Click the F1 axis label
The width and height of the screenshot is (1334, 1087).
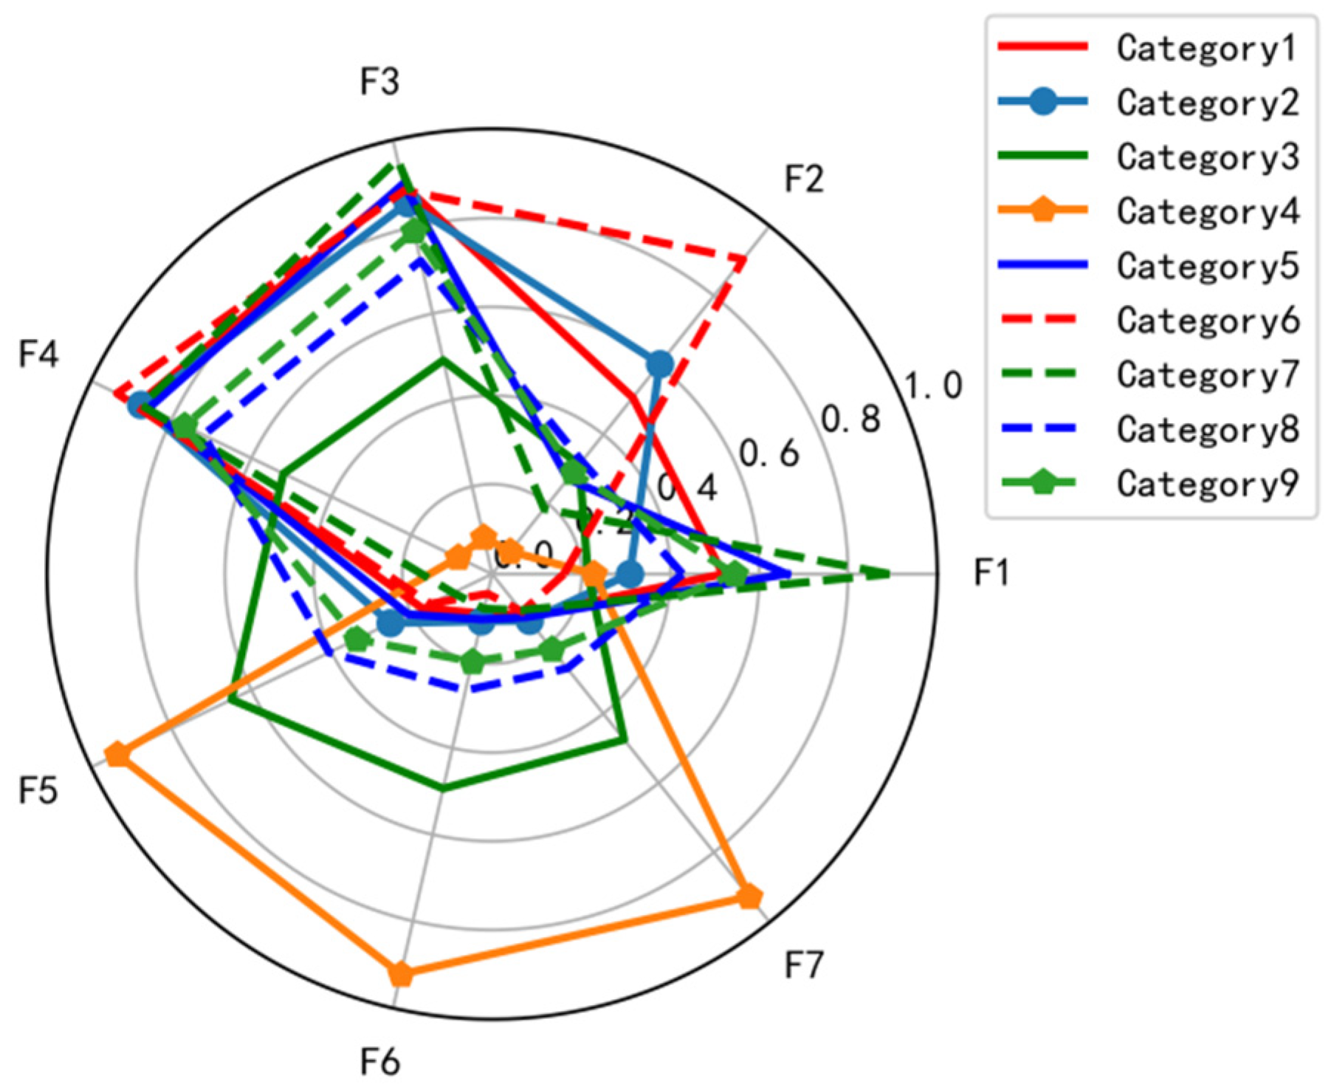pyautogui.click(x=991, y=573)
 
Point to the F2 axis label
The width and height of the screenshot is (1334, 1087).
pyautogui.click(x=803, y=179)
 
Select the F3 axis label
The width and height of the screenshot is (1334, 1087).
pyautogui.click(x=379, y=82)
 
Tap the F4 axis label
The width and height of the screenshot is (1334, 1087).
pyautogui.click(x=38, y=355)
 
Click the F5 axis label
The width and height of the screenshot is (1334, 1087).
pyautogui.click(x=38, y=791)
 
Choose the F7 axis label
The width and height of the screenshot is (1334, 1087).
pyautogui.click(x=803, y=965)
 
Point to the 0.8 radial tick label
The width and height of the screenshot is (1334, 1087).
pyautogui.click(x=851, y=419)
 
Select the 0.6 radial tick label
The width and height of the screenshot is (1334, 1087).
pyautogui.click(x=769, y=453)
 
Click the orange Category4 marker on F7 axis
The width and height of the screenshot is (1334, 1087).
pyautogui.click(x=749, y=897)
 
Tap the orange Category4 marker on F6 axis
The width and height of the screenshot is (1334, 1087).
pyautogui.click(x=400, y=974)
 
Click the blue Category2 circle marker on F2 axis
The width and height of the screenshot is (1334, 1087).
pyautogui.click(x=659, y=363)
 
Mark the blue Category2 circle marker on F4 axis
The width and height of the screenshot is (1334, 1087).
pyautogui.click(x=138, y=405)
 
